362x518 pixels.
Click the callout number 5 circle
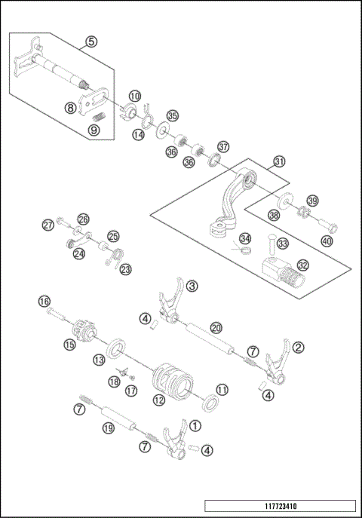[90, 41]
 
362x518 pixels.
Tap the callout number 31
[279, 161]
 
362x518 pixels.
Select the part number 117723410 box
[279, 505]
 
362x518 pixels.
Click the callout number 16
[44, 301]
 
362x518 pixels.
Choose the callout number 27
[48, 225]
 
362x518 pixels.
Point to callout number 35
[173, 115]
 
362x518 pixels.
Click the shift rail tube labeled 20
[209, 336]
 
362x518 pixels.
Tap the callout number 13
[99, 360]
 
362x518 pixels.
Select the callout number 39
[311, 200]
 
